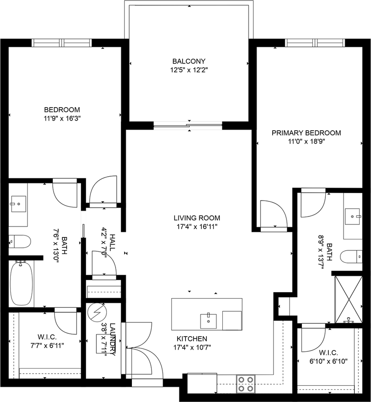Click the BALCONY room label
(x=189, y=61)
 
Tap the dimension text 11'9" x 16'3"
(x=62, y=119)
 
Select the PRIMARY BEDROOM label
(x=307, y=133)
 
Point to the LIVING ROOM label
(x=197, y=218)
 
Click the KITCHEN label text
(x=192, y=339)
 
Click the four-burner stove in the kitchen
(x=246, y=384)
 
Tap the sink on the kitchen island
(x=208, y=321)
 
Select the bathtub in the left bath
(x=21, y=283)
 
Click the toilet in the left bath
(x=20, y=242)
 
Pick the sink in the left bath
(x=18, y=204)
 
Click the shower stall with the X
(x=349, y=299)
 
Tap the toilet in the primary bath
(x=351, y=256)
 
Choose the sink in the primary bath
(x=353, y=216)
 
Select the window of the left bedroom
(x=62, y=43)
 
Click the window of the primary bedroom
(x=315, y=43)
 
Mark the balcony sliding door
(x=188, y=125)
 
